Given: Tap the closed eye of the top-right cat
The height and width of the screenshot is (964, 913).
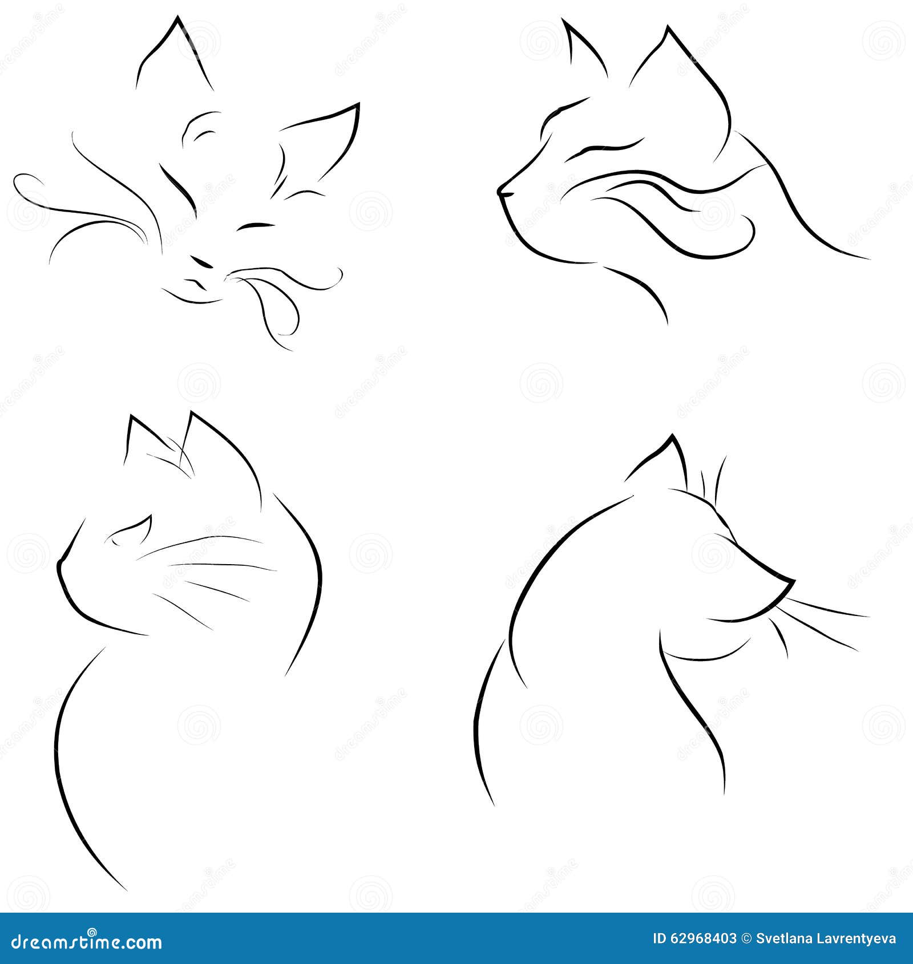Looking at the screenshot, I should pos(605,147).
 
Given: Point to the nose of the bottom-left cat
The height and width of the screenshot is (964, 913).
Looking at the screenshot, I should pos(59,565).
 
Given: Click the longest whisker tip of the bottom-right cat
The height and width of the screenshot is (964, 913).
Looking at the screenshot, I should pos(867,616).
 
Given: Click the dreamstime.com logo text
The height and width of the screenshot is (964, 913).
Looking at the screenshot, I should pos(86,942).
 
